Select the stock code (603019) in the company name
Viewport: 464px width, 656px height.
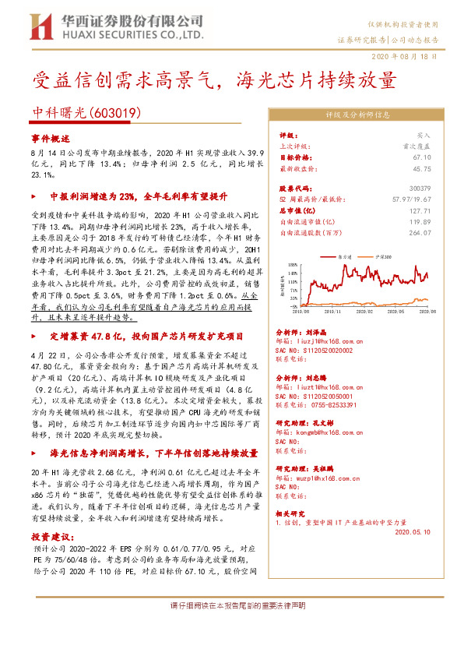point(116,113)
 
